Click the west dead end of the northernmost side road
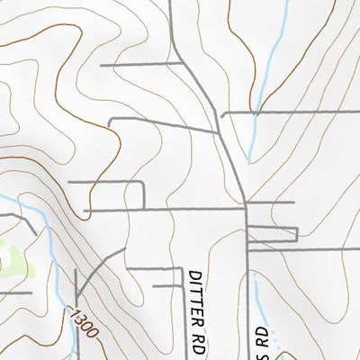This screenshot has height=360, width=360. tap(101, 65)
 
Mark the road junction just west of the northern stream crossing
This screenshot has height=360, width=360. tap(223, 113)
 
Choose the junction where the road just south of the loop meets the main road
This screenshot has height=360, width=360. tap(247, 249)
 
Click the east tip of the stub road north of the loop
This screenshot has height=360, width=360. tap(294, 202)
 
